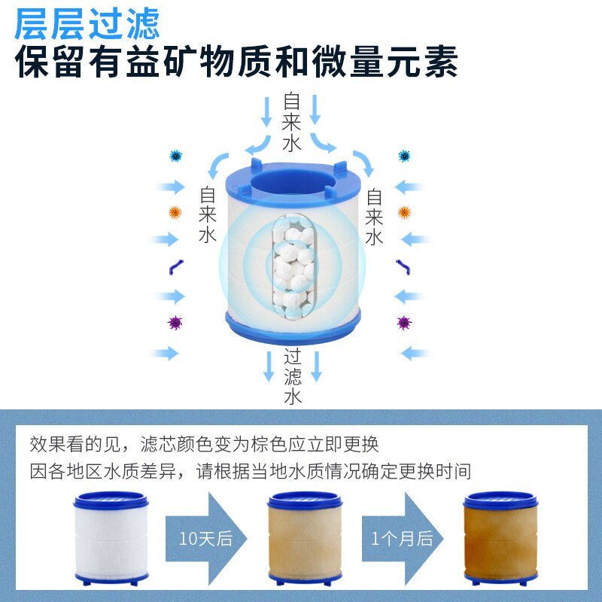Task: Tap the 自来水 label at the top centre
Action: (x=292, y=122)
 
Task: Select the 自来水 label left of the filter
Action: (x=208, y=214)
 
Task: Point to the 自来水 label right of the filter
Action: (x=375, y=217)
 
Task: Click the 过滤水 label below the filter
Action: (x=293, y=376)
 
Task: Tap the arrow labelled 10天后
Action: (x=205, y=537)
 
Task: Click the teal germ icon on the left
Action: (x=176, y=157)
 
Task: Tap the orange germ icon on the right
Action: (x=405, y=212)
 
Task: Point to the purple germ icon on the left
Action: (x=175, y=323)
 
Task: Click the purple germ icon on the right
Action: (x=405, y=323)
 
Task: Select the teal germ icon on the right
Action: (x=405, y=157)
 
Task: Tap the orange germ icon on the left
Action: (x=175, y=212)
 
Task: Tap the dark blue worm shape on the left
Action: (x=175, y=267)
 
